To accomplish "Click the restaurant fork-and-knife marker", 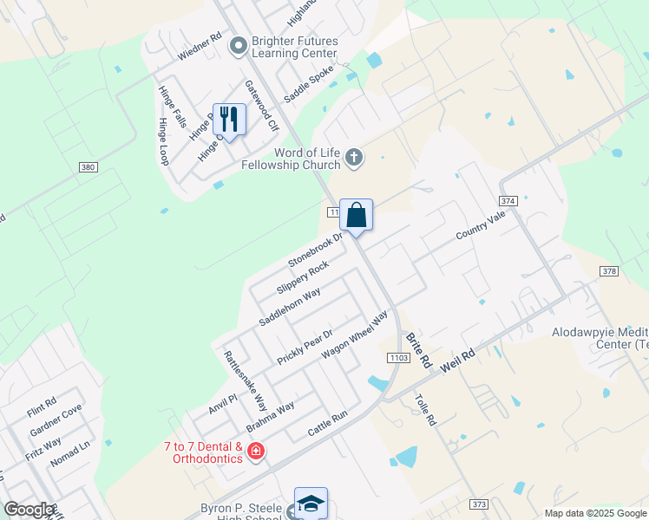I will pos(229,119).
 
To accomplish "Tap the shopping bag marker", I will pos(356,214).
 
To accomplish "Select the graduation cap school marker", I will pos(311,503).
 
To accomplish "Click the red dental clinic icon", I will pos(255,451).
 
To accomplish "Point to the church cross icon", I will pos(353,158).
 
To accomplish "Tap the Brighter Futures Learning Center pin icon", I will pos(238,47).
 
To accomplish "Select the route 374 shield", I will pos(508,200).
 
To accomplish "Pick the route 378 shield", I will pos(609,271).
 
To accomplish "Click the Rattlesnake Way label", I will pos(245,381).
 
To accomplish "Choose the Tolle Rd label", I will pos(424,410).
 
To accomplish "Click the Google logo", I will pos(29,510).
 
